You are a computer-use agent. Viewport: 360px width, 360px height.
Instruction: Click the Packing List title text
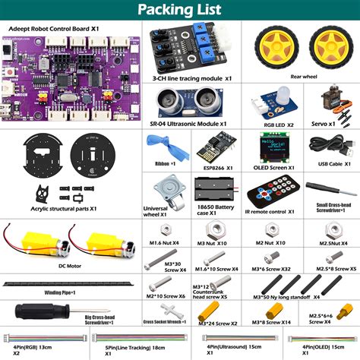179,11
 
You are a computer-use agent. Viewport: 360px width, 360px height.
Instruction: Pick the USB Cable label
331,163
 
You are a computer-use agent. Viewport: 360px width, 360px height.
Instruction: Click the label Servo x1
327,122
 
